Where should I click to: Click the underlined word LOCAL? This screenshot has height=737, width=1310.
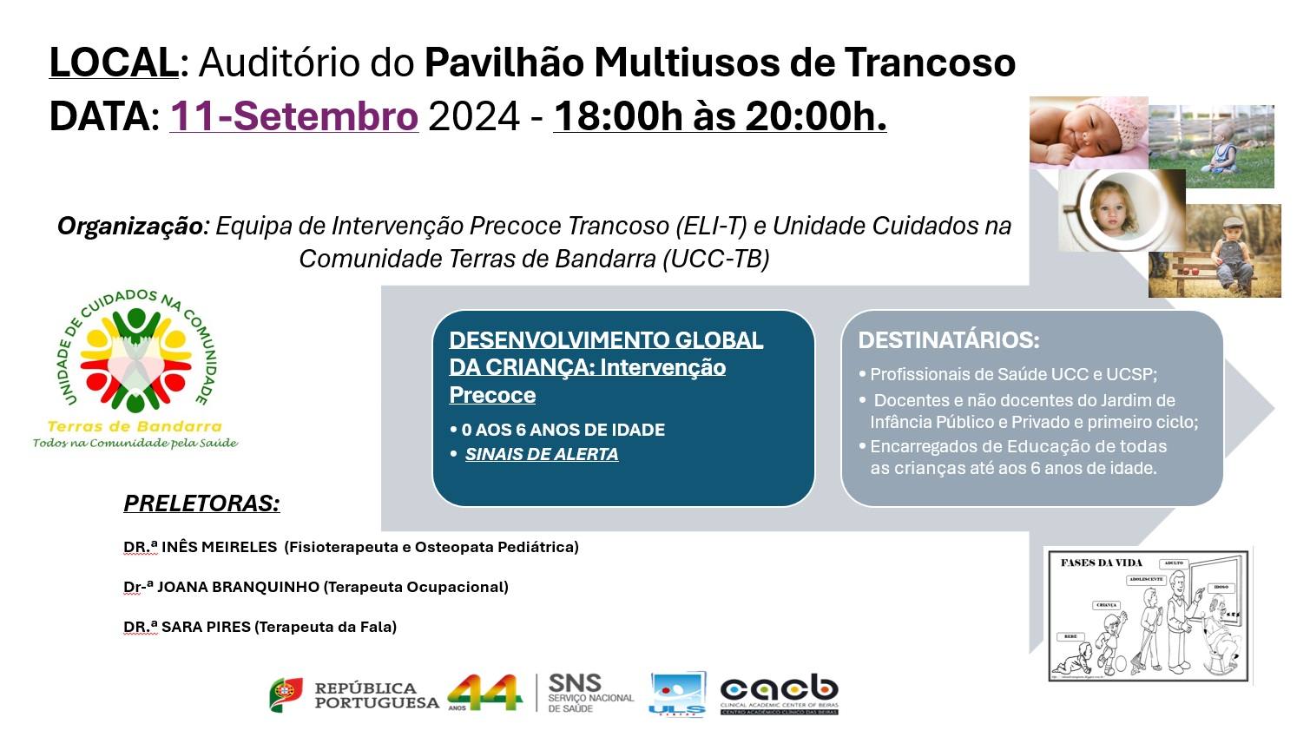113,63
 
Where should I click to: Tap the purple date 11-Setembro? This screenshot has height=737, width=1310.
293,116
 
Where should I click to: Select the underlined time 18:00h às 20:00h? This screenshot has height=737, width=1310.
720,116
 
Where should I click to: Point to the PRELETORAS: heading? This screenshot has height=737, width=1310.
201,503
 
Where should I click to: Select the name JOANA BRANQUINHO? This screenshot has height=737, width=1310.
238,587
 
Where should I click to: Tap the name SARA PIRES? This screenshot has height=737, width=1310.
206,627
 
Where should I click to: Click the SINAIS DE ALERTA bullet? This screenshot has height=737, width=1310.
541,454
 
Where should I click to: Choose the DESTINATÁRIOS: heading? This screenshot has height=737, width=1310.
948,340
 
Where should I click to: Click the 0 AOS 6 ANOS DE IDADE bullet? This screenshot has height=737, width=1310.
563,430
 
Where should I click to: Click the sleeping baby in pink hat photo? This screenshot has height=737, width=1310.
1088,132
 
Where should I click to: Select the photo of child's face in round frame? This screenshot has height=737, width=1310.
1120,211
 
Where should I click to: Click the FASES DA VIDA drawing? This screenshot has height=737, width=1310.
1148,615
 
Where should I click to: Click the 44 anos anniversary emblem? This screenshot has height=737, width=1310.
484,693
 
